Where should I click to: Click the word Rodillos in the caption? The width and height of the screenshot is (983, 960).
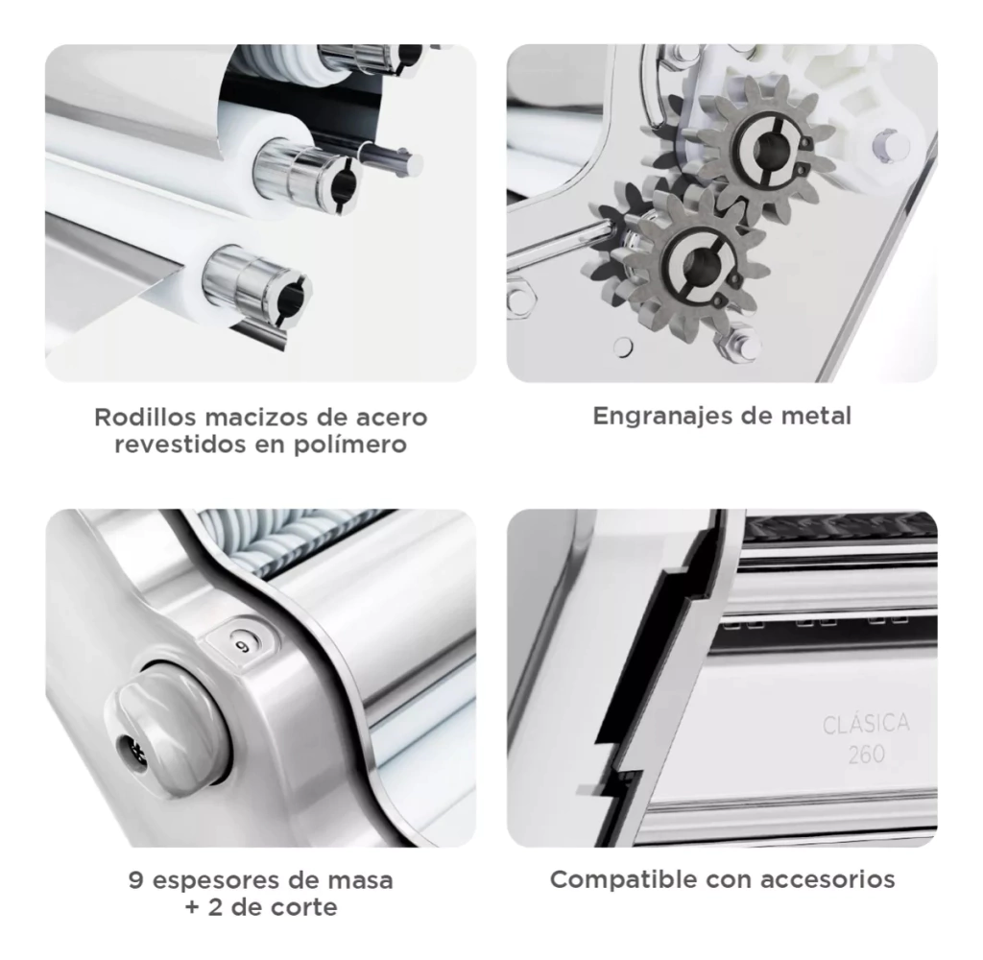[x=146, y=417]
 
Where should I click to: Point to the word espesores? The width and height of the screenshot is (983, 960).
[x=216, y=881]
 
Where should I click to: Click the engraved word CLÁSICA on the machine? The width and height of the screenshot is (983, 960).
[x=866, y=724]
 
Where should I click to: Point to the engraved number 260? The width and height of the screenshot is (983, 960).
[x=867, y=754]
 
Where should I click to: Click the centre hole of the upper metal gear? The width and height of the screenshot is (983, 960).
[x=765, y=149]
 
